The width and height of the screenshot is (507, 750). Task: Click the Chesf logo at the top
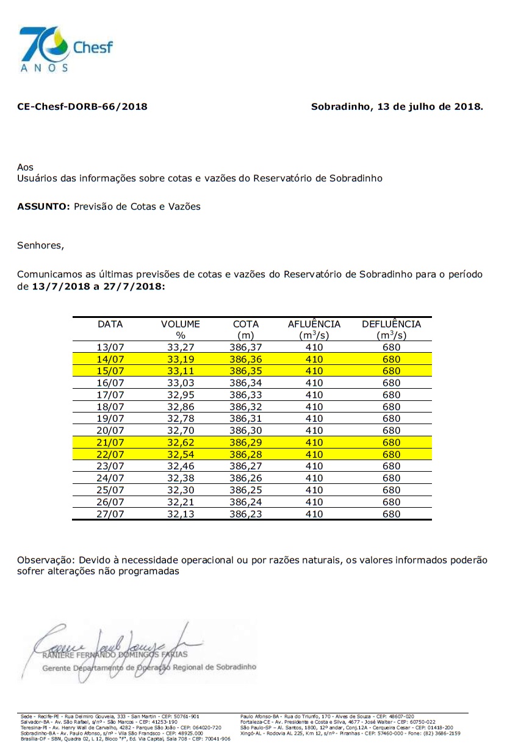[x=66, y=49]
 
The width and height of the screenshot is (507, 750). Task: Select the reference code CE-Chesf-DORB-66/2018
[x=82, y=107]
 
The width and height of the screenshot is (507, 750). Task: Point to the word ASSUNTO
[x=44, y=206]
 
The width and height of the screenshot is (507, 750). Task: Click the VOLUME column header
[x=180, y=324]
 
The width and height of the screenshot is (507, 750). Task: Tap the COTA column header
[x=246, y=324]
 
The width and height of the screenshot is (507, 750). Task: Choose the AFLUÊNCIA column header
[x=314, y=324]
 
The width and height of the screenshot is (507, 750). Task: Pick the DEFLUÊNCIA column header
[x=391, y=324]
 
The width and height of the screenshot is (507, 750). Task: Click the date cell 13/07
[x=110, y=348]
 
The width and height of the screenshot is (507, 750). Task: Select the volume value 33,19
[x=180, y=359]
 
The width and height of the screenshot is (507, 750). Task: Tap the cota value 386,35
[x=246, y=371]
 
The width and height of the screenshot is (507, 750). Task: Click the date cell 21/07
[x=110, y=442]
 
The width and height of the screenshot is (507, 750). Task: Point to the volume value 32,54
[x=180, y=454]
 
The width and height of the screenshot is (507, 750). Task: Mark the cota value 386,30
[x=246, y=430]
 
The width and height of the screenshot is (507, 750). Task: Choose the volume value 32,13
[x=180, y=514]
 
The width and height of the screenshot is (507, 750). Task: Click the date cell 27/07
[x=110, y=514]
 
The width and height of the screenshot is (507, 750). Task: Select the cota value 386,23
[x=246, y=514]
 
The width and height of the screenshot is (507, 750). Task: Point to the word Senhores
[x=40, y=246]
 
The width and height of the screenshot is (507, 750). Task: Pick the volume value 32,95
[x=180, y=395]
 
